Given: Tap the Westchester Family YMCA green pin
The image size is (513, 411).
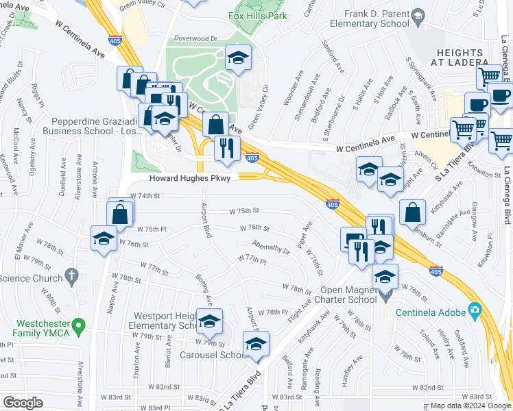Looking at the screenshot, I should (80, 323).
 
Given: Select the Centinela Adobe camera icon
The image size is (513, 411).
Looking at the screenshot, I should (474, 310).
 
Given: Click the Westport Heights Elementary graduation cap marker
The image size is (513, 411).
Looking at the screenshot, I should (210, 319).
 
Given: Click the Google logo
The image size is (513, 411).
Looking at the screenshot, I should (23, 403).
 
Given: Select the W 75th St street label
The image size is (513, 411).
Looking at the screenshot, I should (244, 212).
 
